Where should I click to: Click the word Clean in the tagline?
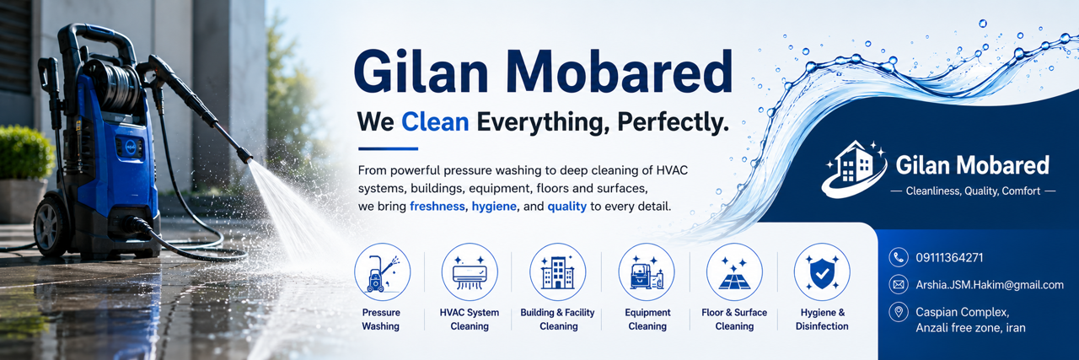coord(435,121)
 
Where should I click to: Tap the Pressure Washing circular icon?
coord(383,271)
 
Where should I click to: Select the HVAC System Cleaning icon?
coord(470,271)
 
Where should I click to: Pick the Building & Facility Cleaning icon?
coord(558,271)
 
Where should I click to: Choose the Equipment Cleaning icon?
coord(647,271)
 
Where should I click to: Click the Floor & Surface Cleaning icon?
coord(734,271)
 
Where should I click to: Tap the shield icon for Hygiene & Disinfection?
coord(822,271)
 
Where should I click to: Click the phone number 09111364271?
coord(949,258)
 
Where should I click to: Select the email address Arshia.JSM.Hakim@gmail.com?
coord(990,285)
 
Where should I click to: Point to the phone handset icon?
coord(899,257)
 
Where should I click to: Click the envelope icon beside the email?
coord(899,284)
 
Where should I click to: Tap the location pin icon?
coord(899,312)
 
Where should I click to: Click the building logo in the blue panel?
coord(855,169)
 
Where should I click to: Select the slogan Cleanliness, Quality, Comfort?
coord(973,191)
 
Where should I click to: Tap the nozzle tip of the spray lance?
coord(245,156)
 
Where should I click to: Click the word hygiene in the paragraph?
coord(494,207)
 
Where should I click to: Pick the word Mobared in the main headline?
coord(619,72)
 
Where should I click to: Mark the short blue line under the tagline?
coord(388,148)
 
